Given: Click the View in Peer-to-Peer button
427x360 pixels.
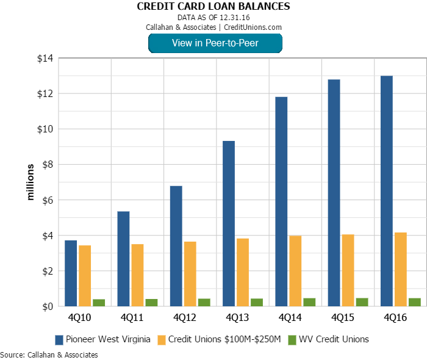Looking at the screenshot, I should pos(215,43).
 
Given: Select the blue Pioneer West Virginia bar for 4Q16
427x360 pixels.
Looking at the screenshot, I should pos(387,191).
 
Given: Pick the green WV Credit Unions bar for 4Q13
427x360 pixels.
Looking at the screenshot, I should pos(257,302).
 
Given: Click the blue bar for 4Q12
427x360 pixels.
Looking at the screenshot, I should pos(176,246).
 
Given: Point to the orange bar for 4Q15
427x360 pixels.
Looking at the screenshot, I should pos(348,270).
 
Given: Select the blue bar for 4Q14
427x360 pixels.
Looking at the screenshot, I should pos(281,201).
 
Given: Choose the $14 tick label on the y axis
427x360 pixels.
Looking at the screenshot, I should pos(45,59).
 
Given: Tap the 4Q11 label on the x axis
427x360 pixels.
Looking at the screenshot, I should pos(131,318).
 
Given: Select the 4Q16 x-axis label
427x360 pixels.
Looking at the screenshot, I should pos(395,318).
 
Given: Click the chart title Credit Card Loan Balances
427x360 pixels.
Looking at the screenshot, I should pos(213,7).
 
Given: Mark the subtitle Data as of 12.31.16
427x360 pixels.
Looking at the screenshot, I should pos(213,18).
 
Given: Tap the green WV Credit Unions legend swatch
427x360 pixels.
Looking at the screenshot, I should pos(292,339).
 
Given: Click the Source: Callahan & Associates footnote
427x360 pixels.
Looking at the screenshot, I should pos(49,355).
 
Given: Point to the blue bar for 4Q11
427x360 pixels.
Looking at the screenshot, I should pos(123,259).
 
